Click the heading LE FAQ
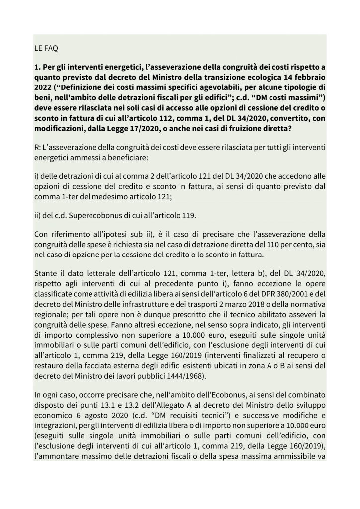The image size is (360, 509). click(46, 48)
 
